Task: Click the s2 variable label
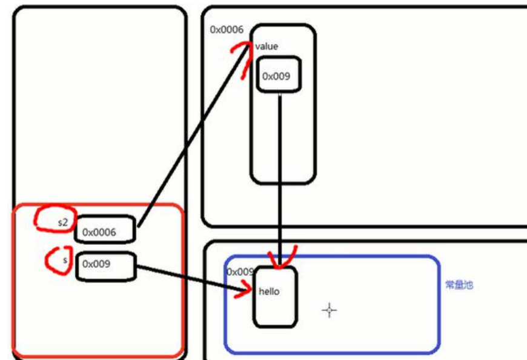pos(63,222)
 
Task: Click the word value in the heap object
pos(267,47)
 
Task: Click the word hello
pos(269,292)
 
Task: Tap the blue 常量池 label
pos(459,284)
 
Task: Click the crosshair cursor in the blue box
pos(329,310)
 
